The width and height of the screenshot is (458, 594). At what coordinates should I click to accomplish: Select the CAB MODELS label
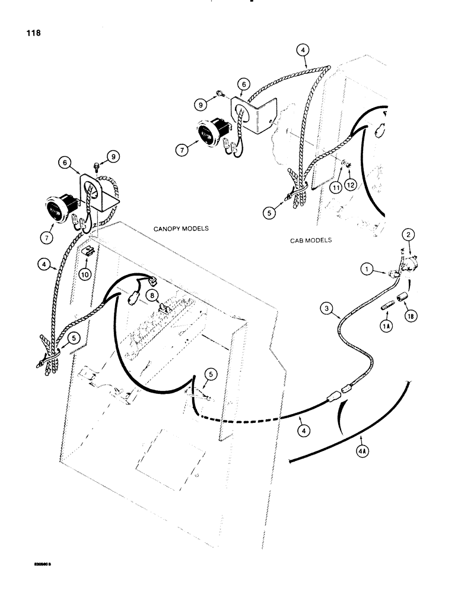pyautogui.click(x=311, y=241)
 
